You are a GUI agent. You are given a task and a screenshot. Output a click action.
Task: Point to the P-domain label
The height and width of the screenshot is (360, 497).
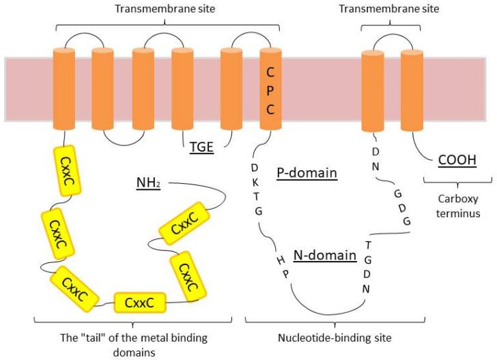(x=307, y=173)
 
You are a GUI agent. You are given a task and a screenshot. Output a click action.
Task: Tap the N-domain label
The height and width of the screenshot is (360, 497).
(x=324, y=255)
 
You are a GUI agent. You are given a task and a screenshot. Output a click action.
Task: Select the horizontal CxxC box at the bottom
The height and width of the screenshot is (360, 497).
(x=140, y=301)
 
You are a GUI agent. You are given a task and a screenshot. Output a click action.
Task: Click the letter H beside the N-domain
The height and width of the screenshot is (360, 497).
(x=279, y=260)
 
